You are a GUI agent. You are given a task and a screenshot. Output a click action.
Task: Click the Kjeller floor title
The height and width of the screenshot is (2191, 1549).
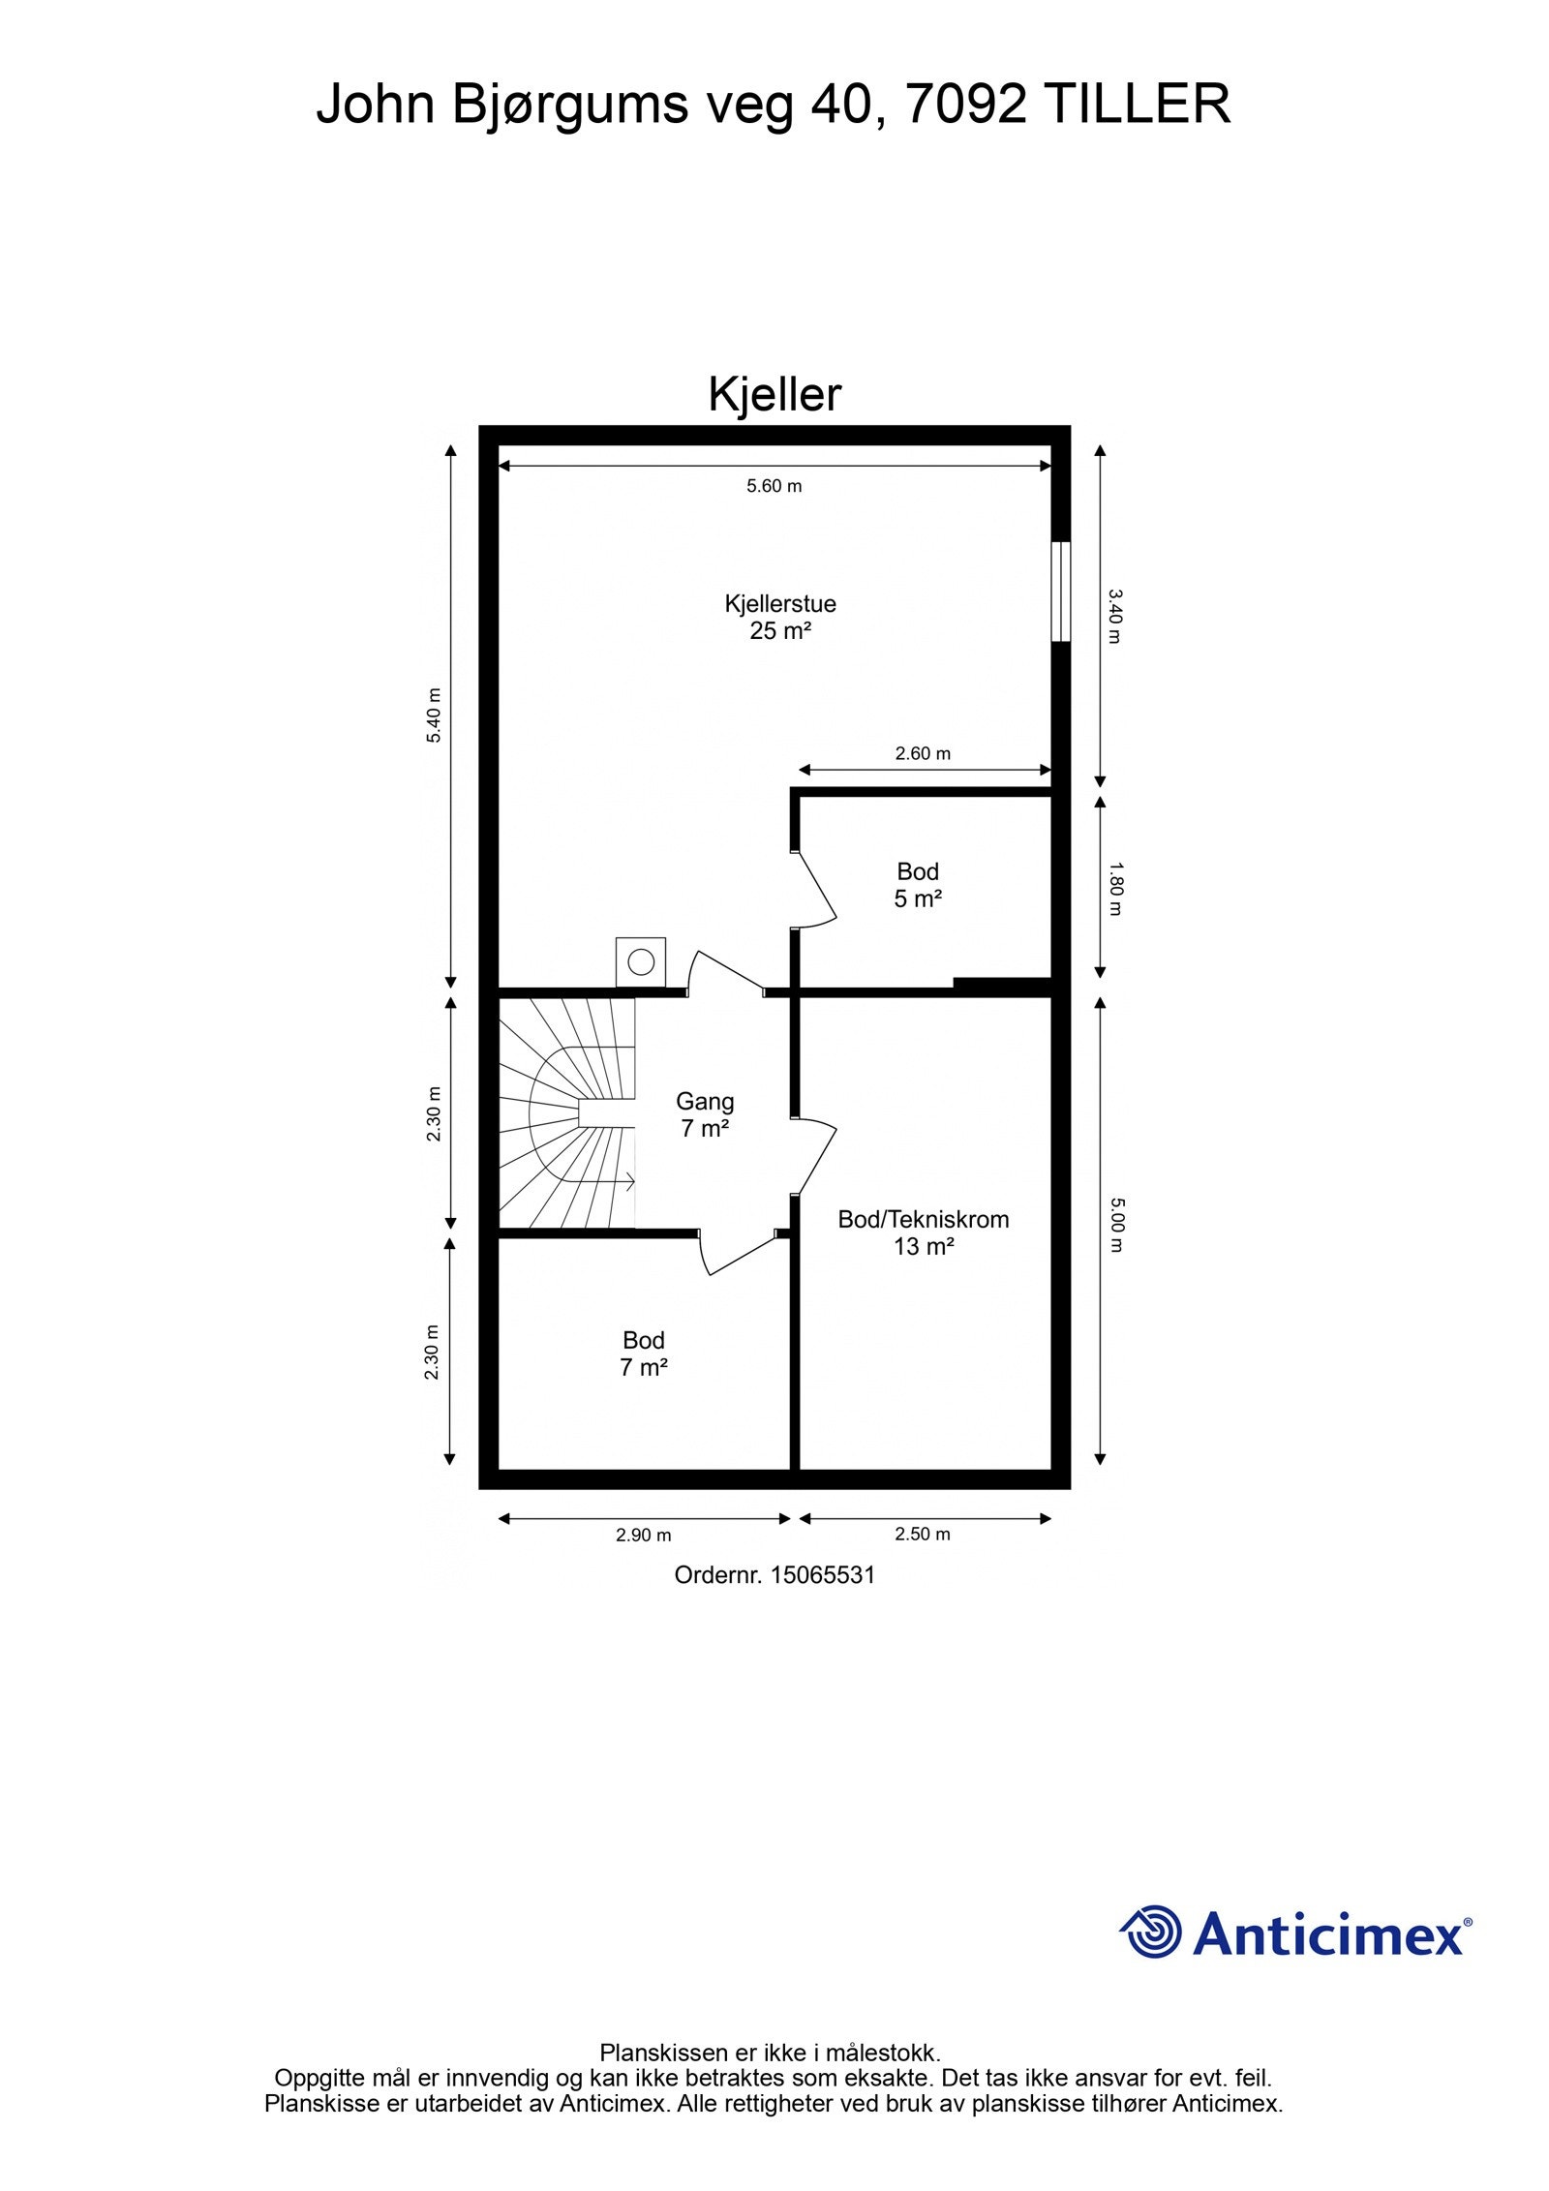click(774, 394)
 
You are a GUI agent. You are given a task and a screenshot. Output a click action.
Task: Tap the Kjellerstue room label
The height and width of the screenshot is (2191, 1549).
click(779, 603)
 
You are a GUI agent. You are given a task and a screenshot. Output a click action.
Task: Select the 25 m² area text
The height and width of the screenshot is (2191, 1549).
click(779, 631)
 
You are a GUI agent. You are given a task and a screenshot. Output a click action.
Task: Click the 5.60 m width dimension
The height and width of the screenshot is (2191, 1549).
click(774, 486)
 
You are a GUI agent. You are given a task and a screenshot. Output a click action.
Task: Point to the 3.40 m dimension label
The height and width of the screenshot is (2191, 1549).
click(1113, 616)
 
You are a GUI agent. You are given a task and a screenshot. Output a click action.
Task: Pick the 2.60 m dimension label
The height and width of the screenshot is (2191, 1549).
click(923, 753)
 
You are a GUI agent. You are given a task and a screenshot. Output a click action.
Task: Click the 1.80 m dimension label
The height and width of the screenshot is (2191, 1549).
click(1113, 889)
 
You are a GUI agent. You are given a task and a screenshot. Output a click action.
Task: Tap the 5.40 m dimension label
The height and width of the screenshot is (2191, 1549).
click(435, 715)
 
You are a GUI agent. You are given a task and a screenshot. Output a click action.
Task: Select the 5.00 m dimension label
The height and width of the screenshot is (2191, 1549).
click(1113, 1225)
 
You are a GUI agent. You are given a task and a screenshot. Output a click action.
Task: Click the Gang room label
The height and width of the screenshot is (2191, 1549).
click(705, 1101)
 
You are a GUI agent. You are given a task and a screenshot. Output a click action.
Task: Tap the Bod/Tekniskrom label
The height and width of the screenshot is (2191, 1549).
click(923, 1219)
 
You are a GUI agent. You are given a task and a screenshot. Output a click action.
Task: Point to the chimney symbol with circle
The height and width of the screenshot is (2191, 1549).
click(640, 961)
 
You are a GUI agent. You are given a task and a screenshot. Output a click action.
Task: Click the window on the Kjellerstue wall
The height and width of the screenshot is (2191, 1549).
click(1061, 591)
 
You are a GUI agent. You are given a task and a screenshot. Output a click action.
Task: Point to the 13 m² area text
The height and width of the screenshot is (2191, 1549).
click(923, 1246)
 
